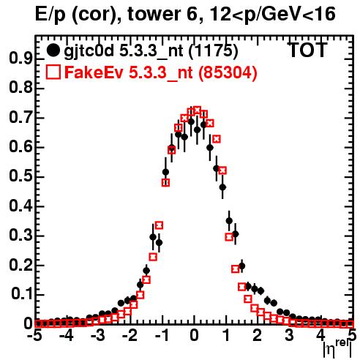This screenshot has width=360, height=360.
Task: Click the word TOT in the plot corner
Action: [x=308, y=50]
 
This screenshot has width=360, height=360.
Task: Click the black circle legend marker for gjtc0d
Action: [x=53, y=50]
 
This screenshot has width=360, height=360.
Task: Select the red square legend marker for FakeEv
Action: [x=53, y=72]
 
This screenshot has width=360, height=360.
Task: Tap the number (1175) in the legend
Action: [x=213, y=51]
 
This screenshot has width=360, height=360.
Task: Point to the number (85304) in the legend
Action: [x=228, y=72]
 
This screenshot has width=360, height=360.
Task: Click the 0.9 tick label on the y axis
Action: [x=20, y=59]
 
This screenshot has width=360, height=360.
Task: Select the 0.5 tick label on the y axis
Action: [x=20, y=176]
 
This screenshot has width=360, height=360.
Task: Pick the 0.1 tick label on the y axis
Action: [x=22, y=294]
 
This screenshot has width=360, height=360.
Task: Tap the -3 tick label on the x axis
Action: [x=98, y=336]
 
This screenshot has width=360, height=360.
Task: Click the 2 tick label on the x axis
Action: [x=258, y=336]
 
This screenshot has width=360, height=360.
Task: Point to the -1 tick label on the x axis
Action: [x=162, y=336]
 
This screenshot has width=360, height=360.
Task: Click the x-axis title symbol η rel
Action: [x=337, y=348]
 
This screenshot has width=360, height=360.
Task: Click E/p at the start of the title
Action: [x=50, y=15]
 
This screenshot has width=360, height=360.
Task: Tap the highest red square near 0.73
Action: [x=197, y=110]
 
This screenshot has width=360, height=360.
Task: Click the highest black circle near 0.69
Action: [x=191, y=121]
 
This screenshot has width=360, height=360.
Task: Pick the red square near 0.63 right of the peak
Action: [x=217, y=139]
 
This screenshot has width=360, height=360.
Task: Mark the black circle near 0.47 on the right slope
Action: [x=222, y=187]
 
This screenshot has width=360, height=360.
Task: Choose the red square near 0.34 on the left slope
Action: [x=159, y=225]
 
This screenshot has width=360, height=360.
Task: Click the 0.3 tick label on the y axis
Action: [x=20, y=236]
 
